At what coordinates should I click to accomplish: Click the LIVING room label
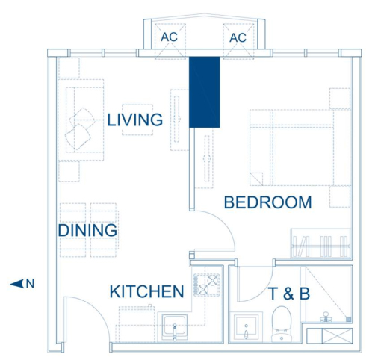coord(135,120)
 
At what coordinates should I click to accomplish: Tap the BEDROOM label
coord(268,202)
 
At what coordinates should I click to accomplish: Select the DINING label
coord(87,230)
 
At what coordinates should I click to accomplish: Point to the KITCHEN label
coord(147,291)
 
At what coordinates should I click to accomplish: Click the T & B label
coord(289,294)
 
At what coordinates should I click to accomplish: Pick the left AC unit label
coord(169,37)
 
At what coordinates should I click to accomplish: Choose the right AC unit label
coord(238,38)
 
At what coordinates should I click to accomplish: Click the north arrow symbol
coord(16,284)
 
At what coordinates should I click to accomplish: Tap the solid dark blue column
coord(205,92)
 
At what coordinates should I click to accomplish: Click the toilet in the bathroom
coord(282,324)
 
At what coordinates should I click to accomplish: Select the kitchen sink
coord(175,327)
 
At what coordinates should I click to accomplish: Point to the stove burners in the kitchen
coord(206,285)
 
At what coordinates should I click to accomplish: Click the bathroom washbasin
coord(246,326)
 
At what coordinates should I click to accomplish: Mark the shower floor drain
coord(349,319)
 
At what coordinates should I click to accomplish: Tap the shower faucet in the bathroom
coord(326,317)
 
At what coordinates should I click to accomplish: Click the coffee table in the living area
coord(137,120)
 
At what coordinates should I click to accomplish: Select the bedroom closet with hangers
coord(320,243)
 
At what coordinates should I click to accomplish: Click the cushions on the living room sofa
coord(81,128)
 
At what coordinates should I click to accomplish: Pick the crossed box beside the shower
coord(337,336)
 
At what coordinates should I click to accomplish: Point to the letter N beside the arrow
coord(30,284)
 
